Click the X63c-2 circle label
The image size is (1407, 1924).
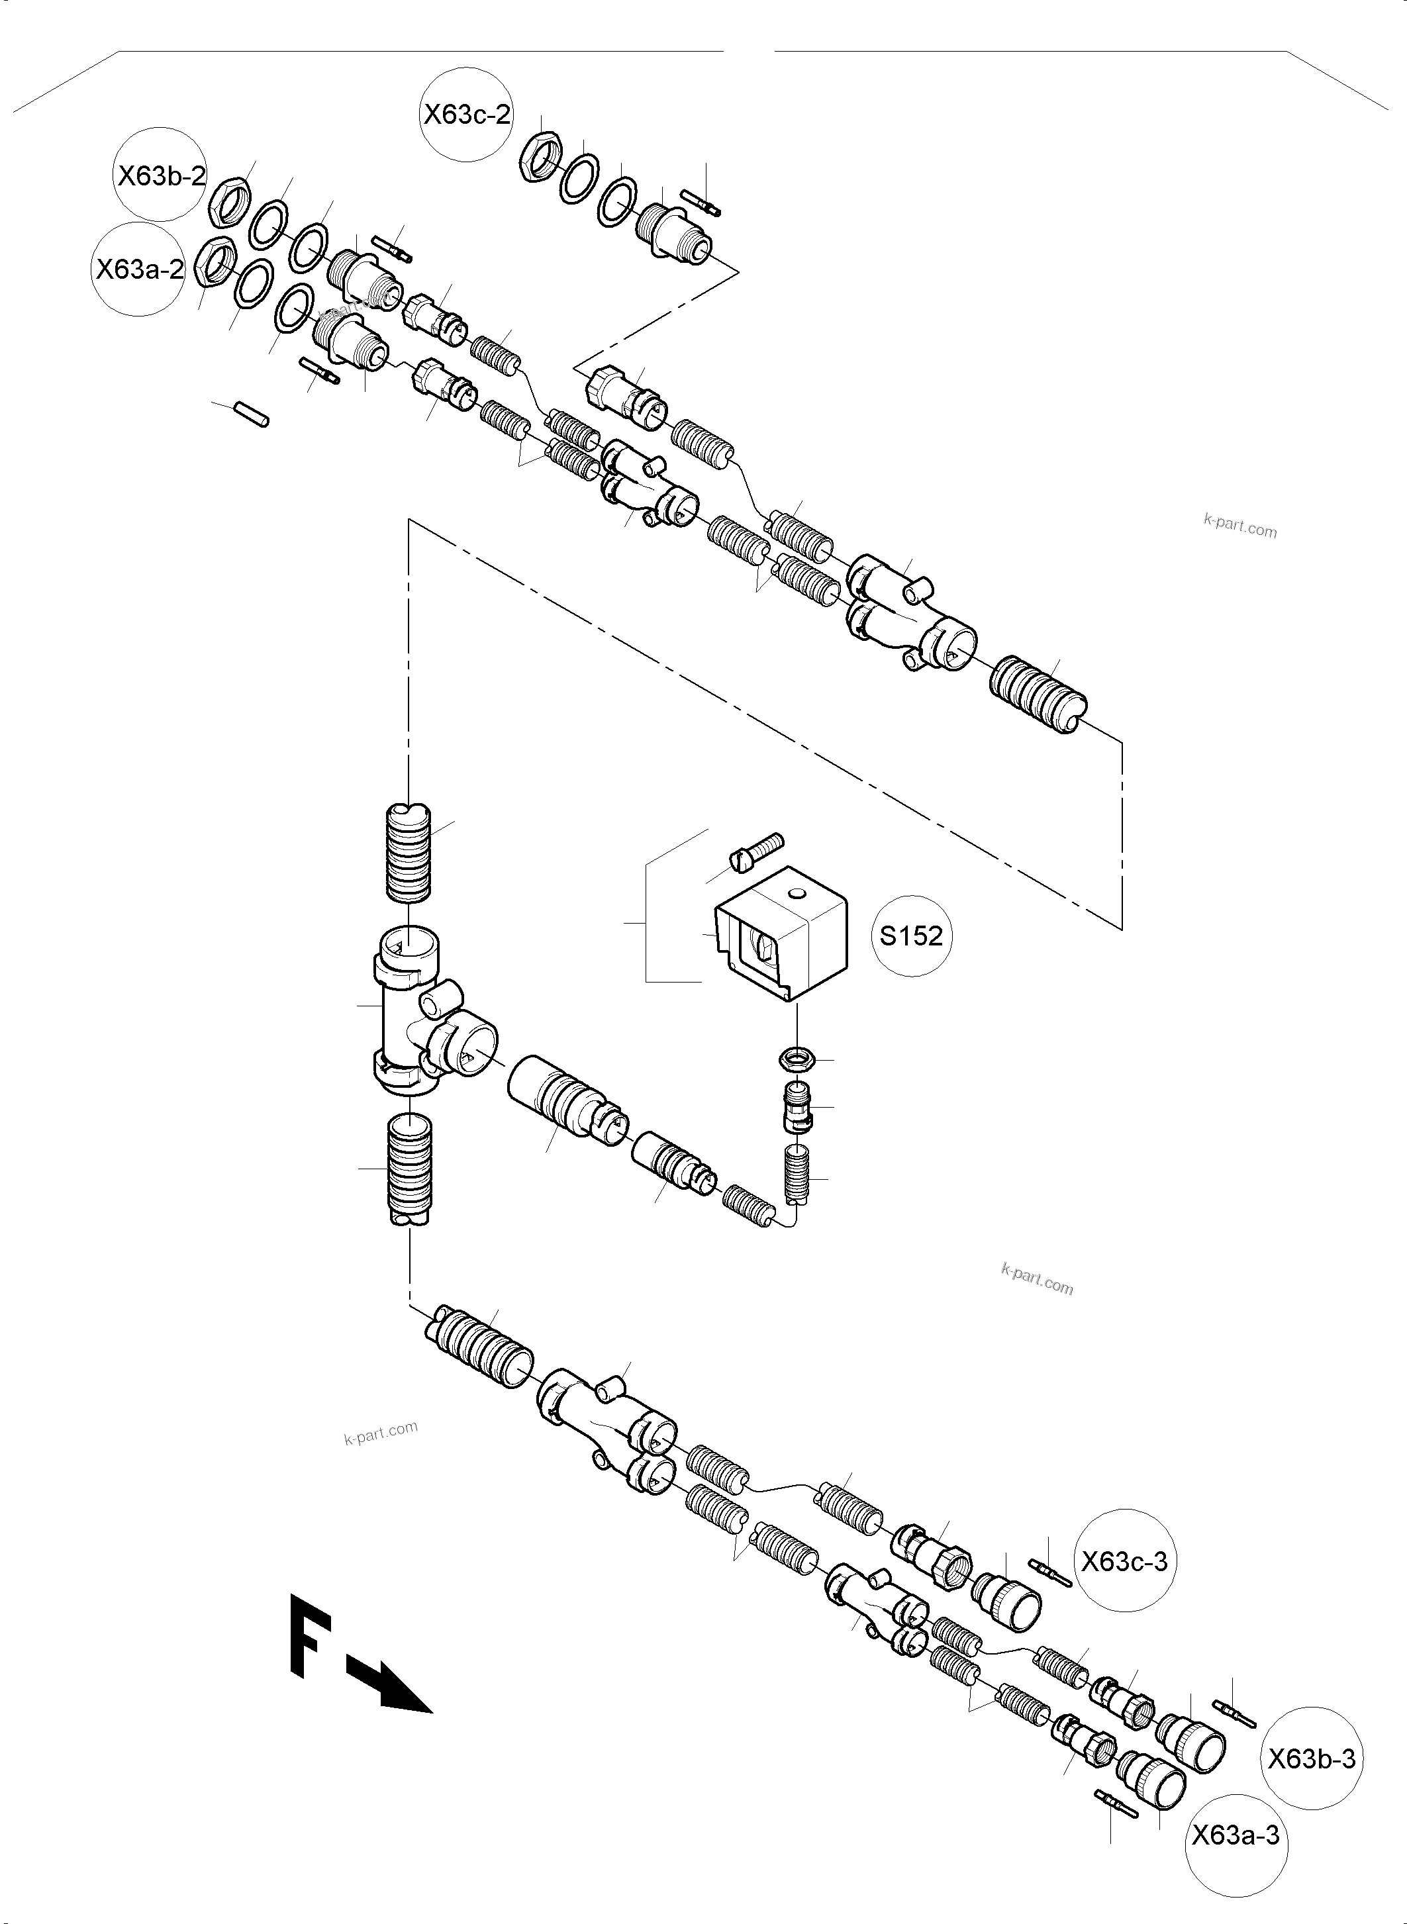(467, 114)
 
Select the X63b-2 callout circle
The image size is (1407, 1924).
(161, 176)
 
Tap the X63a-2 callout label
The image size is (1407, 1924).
(139, 269)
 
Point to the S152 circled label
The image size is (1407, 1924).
(910, 936)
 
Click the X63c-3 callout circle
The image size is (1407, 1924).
(1124, 1562)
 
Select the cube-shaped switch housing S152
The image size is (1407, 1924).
(782, 934)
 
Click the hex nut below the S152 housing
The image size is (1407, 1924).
(798, 1059)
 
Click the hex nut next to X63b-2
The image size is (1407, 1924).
(229, 203)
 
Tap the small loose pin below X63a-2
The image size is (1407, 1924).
(253, 414)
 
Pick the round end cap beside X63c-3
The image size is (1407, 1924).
(1008, 1600)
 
